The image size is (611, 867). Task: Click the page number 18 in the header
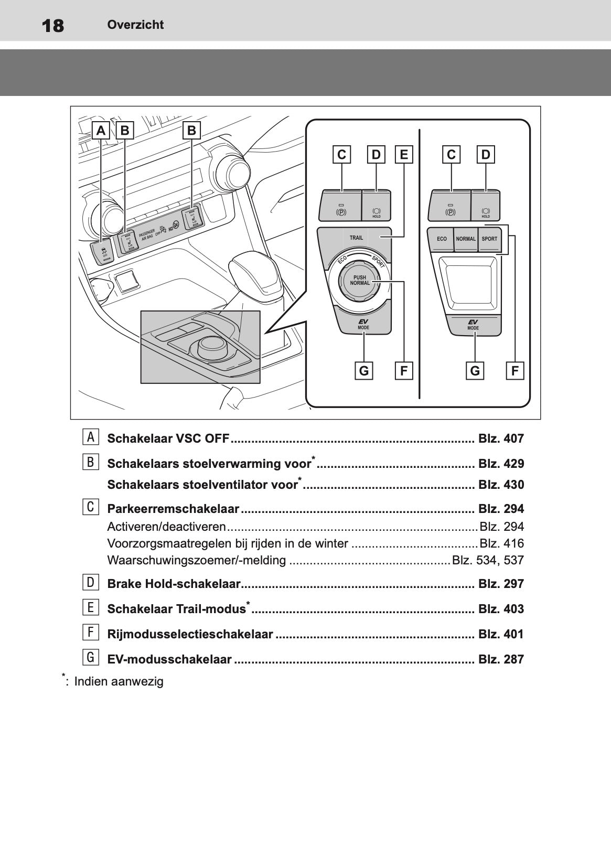click(52, 25)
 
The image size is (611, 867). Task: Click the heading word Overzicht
click(135, 25)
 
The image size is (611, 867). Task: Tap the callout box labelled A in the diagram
click(101, 130)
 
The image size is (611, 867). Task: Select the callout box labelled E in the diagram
click(404, 155)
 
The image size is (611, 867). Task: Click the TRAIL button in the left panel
click(356, 238)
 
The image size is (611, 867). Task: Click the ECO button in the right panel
click(442, 239)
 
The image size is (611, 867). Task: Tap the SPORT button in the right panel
click(489, 239)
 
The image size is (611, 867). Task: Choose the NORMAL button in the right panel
click(465, 239)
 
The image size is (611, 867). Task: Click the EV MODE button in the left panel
click(363, 324)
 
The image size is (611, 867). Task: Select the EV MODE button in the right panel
click(473, 325)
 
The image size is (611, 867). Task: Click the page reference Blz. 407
click(501, 438)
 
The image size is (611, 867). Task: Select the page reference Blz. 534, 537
click(488, 560)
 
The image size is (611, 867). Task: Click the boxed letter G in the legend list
click(90, 658)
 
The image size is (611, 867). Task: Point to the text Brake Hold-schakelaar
click(174, 584)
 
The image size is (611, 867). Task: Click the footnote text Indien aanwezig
click(119, 682)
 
